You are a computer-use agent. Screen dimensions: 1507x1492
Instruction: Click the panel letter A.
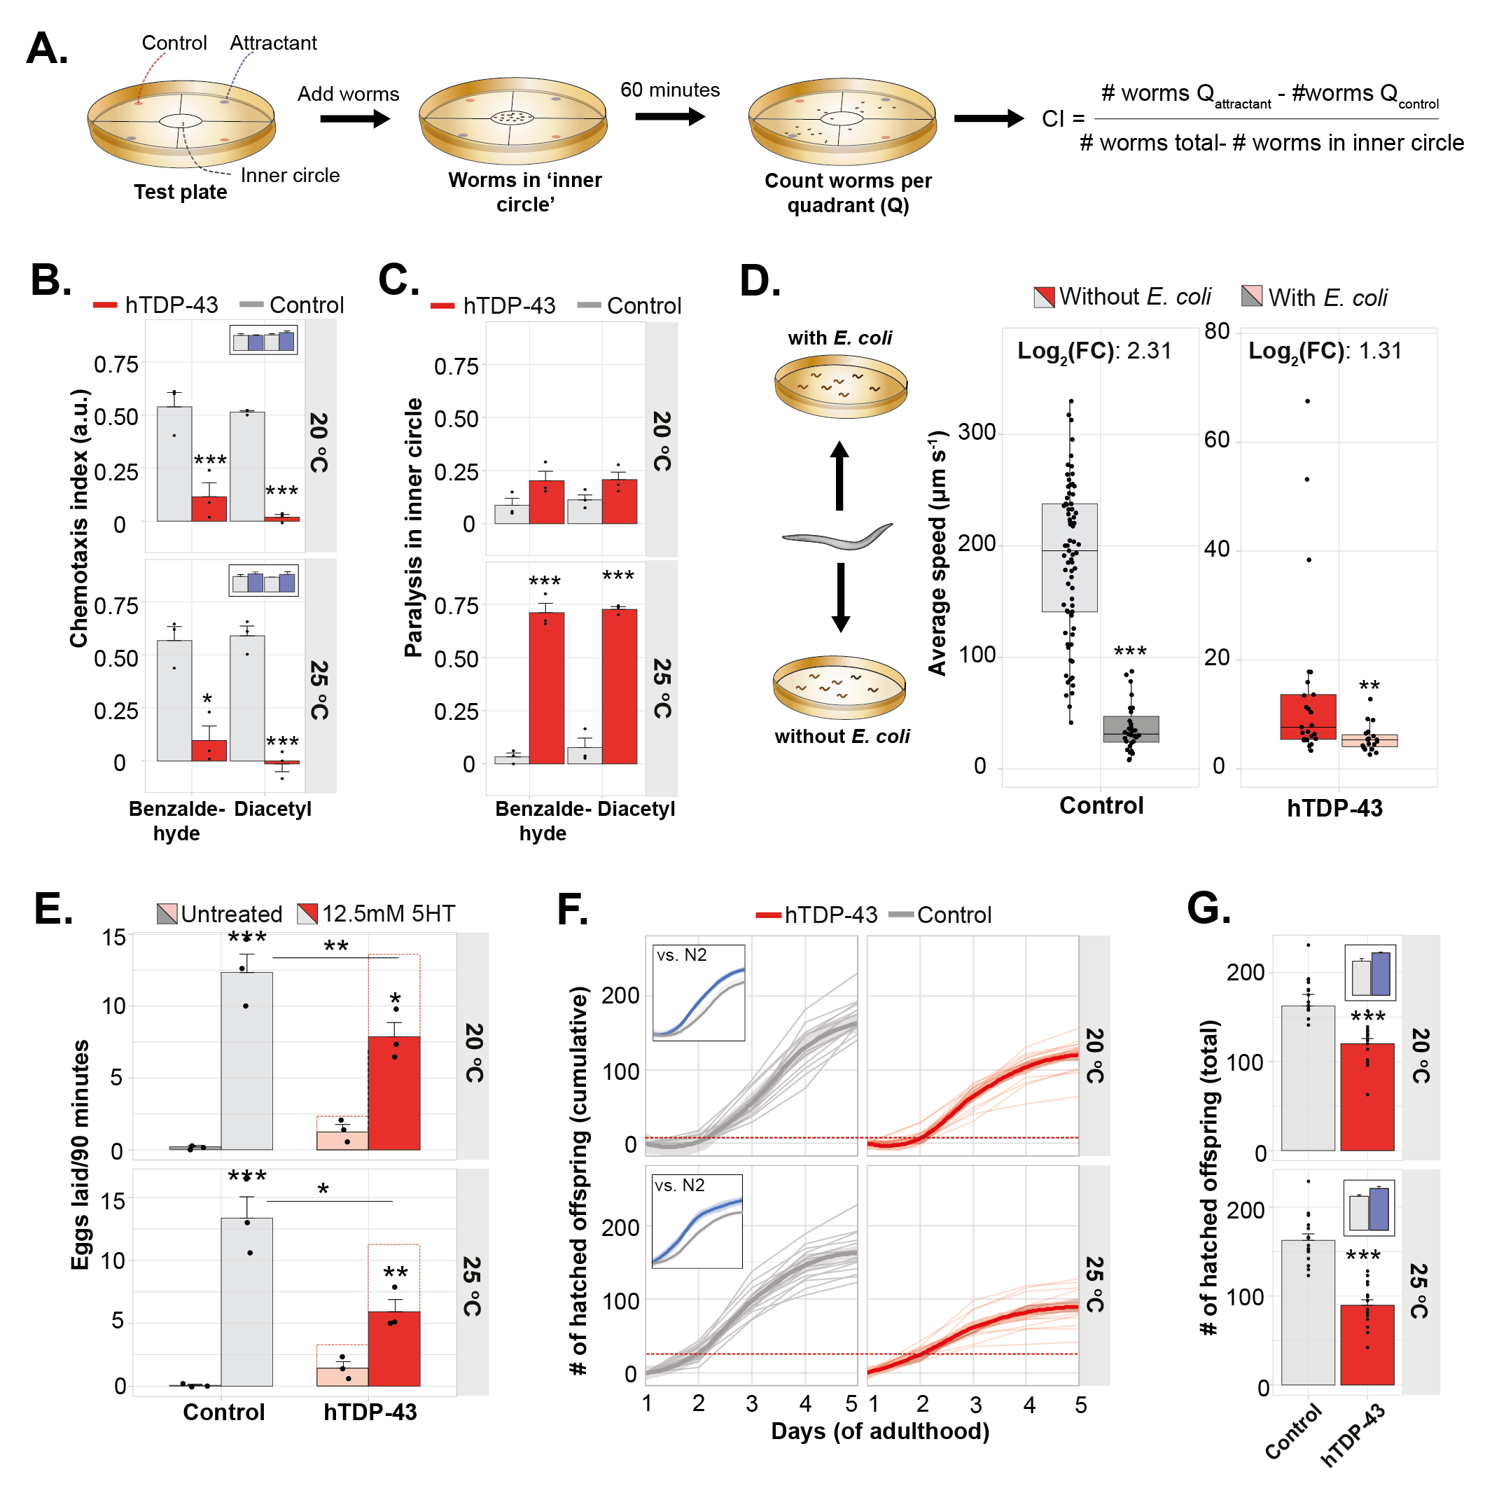click(47, 48)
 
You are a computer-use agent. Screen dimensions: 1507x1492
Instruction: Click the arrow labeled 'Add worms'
click(354, 118)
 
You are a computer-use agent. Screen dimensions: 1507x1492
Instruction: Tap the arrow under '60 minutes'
click(669, 117)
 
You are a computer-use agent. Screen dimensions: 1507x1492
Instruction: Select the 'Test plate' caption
click(180, 192)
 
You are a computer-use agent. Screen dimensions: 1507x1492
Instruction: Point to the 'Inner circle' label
click(289, 176)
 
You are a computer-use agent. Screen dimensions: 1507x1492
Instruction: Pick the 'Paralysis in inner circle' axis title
click(413, 527)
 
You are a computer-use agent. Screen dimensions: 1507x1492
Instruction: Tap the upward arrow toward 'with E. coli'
click(839, 475)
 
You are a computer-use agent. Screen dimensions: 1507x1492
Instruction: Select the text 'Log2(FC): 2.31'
click(1094, 351)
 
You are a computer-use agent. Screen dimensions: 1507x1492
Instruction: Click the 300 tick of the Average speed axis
click(977, 432)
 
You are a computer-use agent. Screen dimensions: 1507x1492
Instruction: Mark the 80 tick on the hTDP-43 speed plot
click(1217, 331)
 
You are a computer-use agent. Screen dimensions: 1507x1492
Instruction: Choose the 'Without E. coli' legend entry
click(1122, 297)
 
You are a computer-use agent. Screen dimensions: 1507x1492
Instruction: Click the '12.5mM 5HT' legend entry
click(377, 913)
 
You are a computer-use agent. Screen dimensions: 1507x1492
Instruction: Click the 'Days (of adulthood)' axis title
click(880, 1431)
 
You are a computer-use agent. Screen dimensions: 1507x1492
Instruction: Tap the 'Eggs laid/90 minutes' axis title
click(81, 1155)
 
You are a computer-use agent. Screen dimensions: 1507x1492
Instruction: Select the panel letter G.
click(1208, 909)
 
